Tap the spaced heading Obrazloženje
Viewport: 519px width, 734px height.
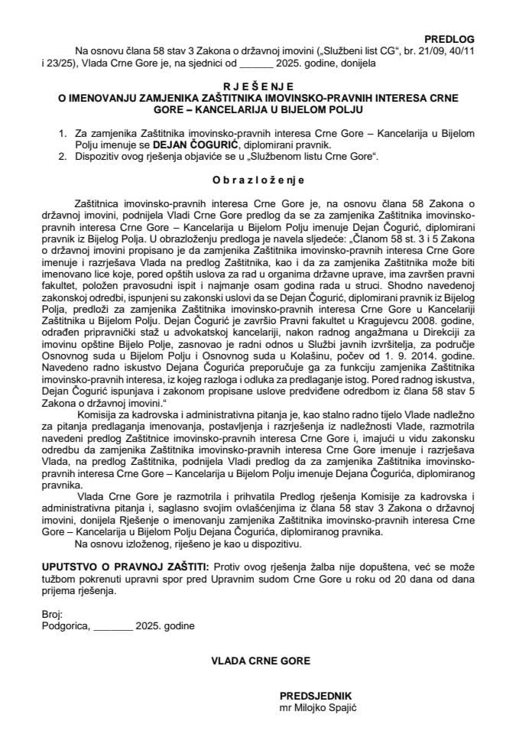259,180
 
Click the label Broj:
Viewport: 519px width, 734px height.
53,614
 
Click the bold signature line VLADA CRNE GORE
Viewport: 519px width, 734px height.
259,658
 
